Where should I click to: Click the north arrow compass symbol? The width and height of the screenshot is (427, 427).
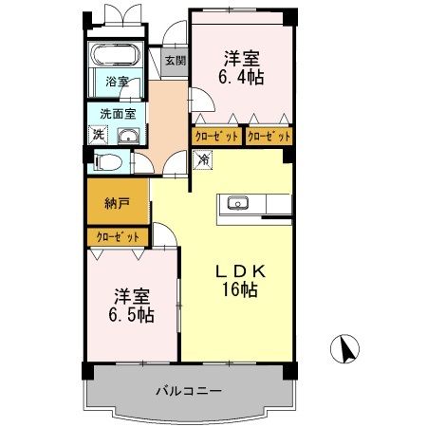point(346,350)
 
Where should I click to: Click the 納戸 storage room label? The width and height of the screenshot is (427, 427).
point(119,203)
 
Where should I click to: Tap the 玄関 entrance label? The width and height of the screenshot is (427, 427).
point(175,61)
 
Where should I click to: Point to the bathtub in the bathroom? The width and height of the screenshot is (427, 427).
point(115,53)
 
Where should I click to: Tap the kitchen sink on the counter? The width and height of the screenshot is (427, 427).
point(237,202)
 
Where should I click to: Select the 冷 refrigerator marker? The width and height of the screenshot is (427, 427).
point(203,160)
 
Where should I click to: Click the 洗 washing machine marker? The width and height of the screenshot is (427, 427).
point(100,133)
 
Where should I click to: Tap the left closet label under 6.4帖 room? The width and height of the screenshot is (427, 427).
point(215,136)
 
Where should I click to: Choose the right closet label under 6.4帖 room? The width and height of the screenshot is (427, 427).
point(269,136)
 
